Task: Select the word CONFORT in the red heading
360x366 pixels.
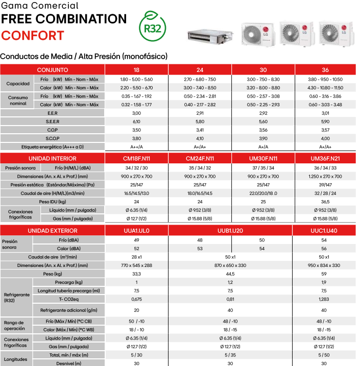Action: (x=32, y=36)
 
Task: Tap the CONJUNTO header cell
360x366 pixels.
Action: (x=53, y=69)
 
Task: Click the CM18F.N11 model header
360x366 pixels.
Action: (x=136, y=159)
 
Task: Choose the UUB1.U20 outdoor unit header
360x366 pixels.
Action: (x=230, y=231)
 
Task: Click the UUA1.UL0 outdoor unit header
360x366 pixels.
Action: (x=136, y=231)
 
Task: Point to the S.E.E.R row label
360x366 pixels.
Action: (x=53, y=121)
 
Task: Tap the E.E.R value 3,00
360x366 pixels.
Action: (x=136, y=113)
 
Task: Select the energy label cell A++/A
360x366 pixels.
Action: (x=136, y=147)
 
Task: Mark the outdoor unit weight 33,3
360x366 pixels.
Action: (x=136, y=274)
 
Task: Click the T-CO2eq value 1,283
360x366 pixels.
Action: (x=324, y=299)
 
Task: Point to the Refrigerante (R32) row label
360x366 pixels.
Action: (x=16, y=298)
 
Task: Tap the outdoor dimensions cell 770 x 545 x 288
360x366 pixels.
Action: (x=136, y=265)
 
